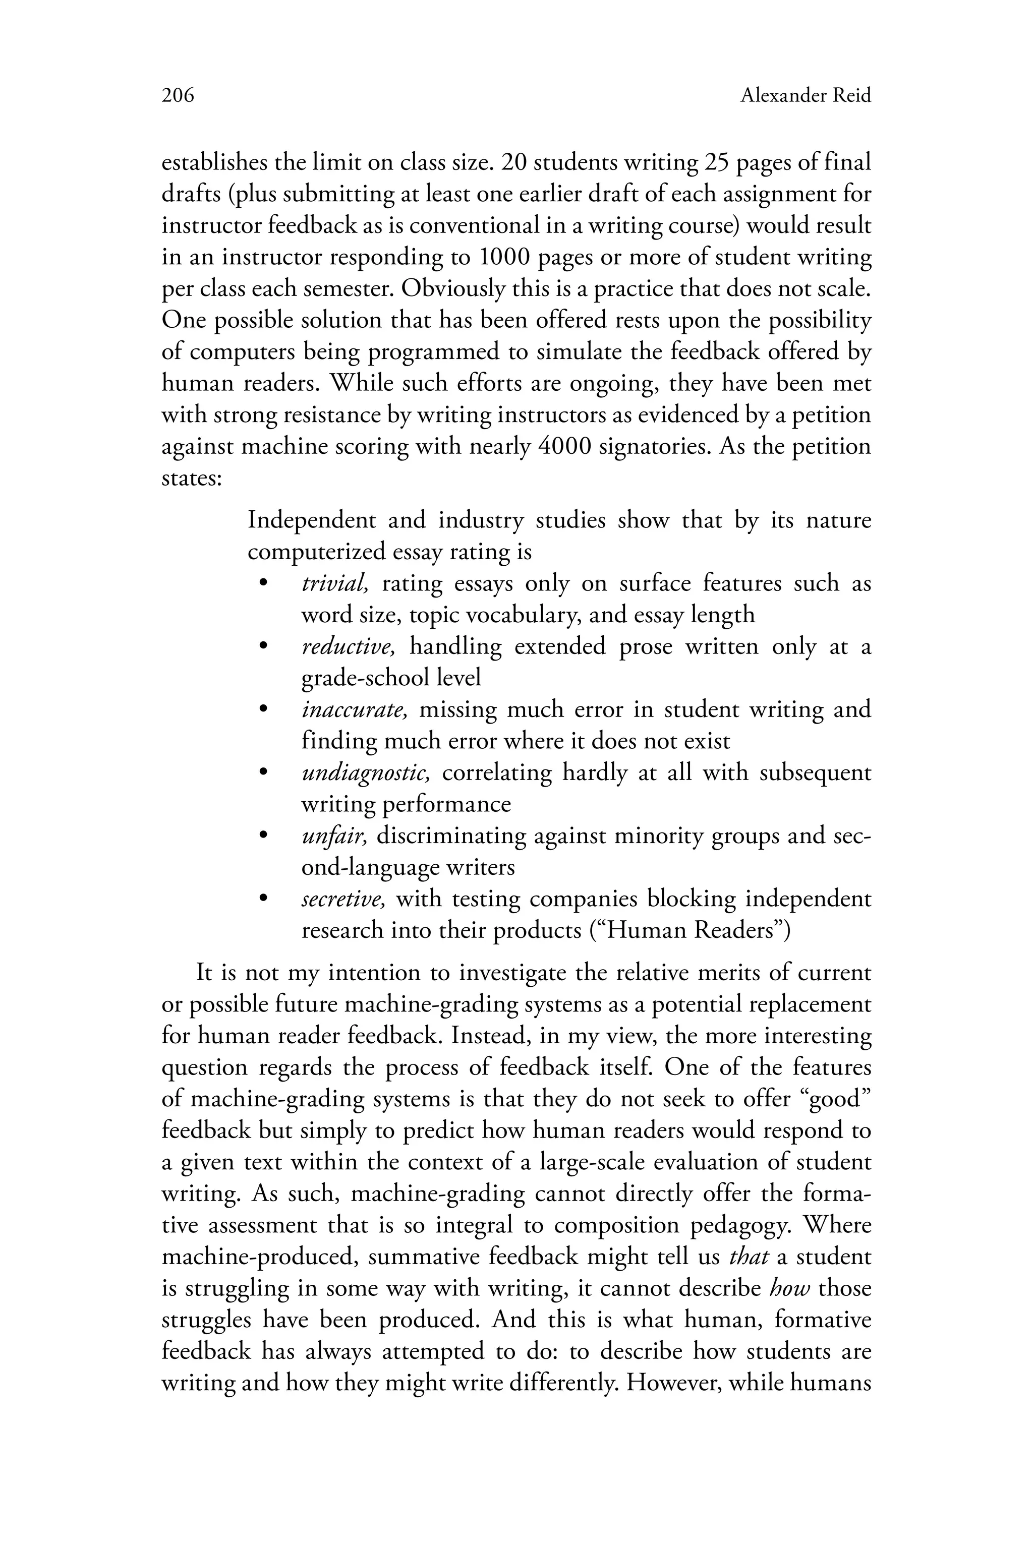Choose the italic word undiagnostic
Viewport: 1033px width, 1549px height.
point(365,772)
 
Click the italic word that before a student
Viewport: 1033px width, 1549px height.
point(749,1257)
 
